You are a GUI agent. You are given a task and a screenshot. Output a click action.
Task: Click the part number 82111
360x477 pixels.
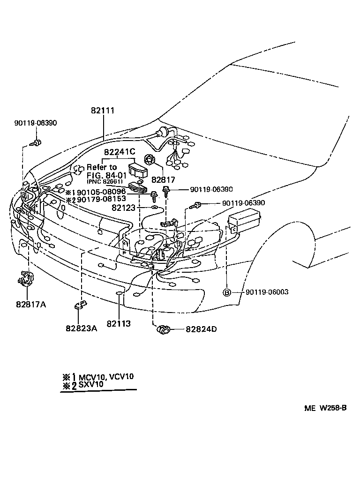click(x=103, y=111)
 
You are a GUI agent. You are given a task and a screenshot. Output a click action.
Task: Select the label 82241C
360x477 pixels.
click(x=120, y=152)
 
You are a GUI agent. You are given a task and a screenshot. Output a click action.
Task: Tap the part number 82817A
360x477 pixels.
click(x=31, y=304)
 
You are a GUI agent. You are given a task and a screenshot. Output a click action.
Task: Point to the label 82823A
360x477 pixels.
click(x=81, y=328)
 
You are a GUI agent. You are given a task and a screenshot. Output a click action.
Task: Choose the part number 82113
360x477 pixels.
click(x=118, y=323)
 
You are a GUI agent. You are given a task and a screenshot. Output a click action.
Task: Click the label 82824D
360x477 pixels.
click(x=201, y=329)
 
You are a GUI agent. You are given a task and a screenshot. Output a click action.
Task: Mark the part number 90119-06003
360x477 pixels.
click(x=267, y=292)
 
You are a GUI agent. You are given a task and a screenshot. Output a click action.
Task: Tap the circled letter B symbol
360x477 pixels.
click(x=227, y=292)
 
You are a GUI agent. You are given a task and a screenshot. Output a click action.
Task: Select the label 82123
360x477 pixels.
click(x=125, y=207)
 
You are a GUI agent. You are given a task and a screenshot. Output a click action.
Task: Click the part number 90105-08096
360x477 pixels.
click(x=100, y=192)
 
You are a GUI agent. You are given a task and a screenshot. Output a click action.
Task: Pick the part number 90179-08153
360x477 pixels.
click(x=100, y=199)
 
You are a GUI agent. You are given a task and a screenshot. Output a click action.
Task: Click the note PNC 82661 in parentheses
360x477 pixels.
click(x=105, y=182)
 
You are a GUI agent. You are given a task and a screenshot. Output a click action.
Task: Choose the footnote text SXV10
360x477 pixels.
click(x=91, y=385)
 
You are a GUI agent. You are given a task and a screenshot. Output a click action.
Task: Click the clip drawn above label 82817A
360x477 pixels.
click(x=25, y=279)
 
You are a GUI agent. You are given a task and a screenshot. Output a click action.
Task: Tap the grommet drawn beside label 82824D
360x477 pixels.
click(x=163, y=329)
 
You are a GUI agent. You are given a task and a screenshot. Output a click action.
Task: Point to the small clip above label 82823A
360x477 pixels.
click(x=80, y=306)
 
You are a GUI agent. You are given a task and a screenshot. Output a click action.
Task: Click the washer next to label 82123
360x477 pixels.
click(x=154, y=206)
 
